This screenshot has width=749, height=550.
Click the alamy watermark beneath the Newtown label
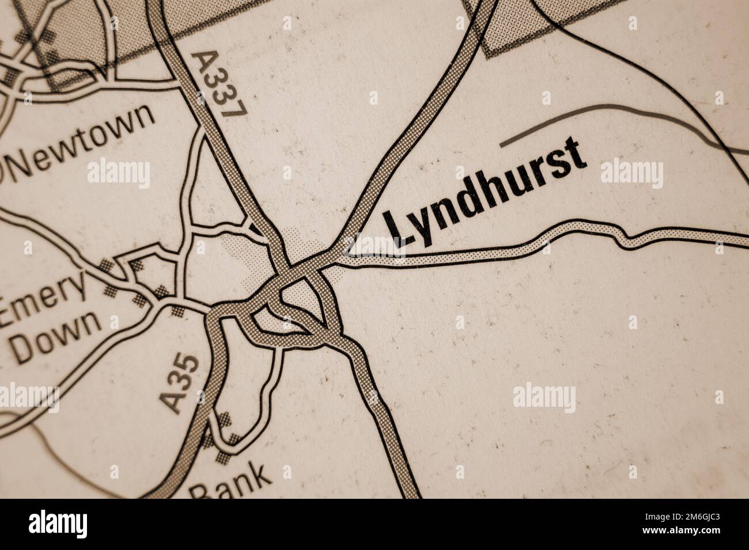(x=119, y=173)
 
